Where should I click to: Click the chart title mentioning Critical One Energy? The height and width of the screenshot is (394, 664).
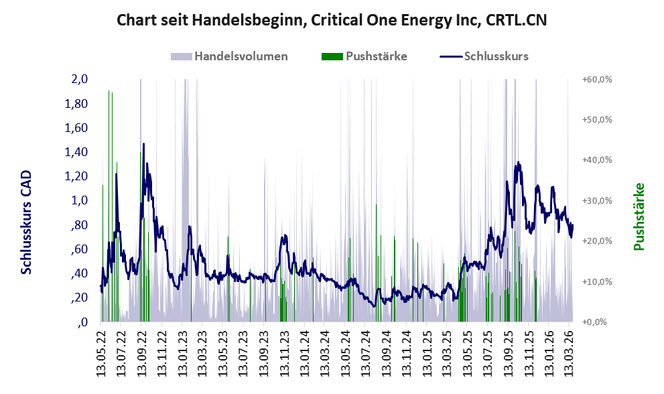click(x=332, y=20)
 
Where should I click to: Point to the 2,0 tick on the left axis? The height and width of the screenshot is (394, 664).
click(x=80, y=79)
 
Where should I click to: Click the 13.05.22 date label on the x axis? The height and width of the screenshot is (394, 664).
click(x=101, y=348)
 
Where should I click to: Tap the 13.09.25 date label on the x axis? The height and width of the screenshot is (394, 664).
click(x=507, y=348)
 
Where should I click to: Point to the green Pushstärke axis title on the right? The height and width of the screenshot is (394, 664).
click(x=639, y=216)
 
